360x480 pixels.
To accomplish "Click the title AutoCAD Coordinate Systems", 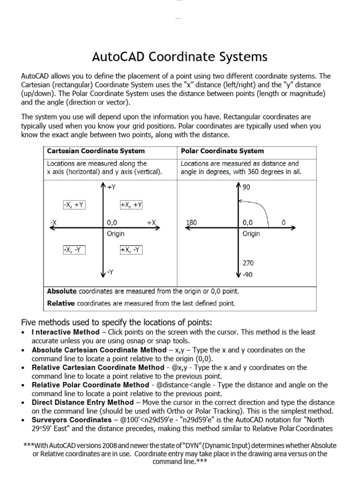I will pos(180,57).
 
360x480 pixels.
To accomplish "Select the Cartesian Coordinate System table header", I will pos(96,151).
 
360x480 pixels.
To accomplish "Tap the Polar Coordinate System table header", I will pos(222,151).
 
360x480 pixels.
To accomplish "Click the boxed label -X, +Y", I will pos(74,205).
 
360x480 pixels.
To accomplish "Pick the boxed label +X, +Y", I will pos(131,205).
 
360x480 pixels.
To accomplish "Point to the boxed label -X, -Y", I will pos(74,250).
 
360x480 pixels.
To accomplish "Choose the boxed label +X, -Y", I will pos(131,250).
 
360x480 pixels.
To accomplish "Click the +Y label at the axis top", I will pos(112,187).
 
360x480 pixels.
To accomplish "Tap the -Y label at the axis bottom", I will pos(111,272).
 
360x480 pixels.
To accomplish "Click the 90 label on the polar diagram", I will pos(247,187).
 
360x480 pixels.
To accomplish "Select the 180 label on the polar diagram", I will pos(191,223).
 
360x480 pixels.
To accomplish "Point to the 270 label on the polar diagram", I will pos(248,263).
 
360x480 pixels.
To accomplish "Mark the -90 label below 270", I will pos(247,275).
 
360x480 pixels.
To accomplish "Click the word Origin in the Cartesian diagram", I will pos(116,233).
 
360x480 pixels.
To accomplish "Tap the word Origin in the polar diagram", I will pos(251,233).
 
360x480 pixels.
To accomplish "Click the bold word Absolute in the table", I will pos(62,291).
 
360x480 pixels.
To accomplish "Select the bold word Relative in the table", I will pos(61,303).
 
